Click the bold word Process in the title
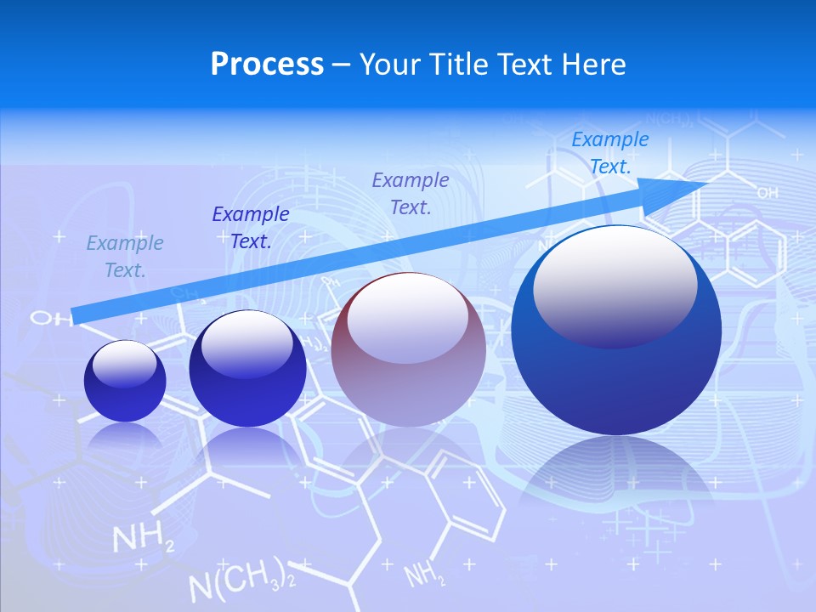(267, 65)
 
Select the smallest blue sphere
(125, 381)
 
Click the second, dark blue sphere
(247, 369)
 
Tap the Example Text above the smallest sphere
(125, 257)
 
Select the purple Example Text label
(411, 193)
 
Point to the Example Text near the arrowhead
(609, 153)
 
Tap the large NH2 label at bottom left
(144, 540)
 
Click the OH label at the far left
(42, 319)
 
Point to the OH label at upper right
(767, 194)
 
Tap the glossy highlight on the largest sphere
(615, 285)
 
